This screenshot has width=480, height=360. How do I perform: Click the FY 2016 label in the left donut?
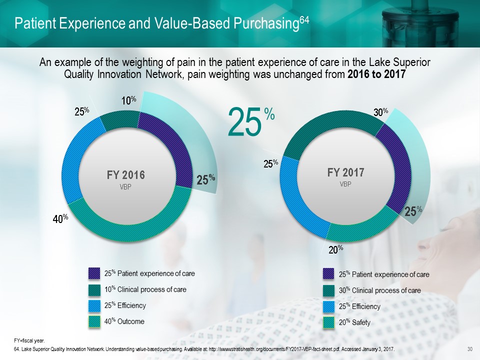125,175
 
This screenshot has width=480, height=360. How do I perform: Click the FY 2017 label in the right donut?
345,172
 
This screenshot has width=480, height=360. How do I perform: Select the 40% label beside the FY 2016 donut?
61,218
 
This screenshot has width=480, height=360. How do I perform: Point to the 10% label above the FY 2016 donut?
129,100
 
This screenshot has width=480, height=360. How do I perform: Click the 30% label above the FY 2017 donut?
381,112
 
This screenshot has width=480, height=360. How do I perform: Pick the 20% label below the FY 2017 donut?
335,248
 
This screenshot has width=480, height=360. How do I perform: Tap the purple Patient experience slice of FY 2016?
170,145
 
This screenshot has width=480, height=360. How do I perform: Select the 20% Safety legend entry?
354,322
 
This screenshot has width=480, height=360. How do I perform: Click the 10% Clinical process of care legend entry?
145,289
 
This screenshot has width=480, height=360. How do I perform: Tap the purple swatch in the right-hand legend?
328,274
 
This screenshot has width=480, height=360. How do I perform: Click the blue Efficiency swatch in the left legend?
94,305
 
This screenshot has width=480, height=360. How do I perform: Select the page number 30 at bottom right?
469,348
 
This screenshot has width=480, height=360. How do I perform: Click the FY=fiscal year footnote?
30,339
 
